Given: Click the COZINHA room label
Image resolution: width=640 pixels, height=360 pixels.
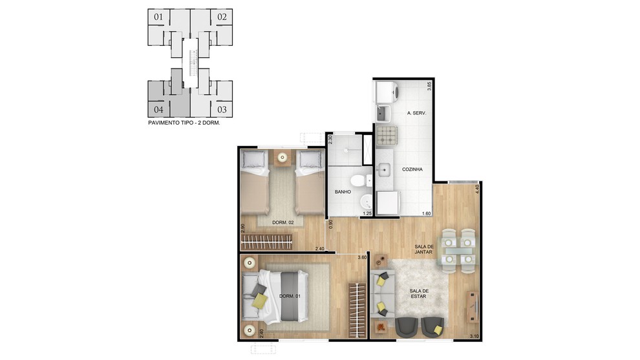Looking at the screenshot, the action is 412,169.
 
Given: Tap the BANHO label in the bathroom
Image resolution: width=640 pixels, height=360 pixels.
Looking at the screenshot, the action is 343,192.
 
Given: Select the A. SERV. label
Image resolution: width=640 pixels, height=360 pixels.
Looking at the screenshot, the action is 416,113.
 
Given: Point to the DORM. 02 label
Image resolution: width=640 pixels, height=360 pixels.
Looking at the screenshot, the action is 283,222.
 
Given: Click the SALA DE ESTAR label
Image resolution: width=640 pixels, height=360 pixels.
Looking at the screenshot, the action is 418,293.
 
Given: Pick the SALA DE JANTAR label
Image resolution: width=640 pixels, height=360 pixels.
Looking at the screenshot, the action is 424,249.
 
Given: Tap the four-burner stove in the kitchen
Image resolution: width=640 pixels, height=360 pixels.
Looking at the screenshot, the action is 386,136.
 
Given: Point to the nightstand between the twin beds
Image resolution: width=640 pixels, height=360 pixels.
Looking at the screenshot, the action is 283,158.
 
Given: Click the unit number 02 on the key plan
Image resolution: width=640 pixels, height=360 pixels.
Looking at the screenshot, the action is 222,17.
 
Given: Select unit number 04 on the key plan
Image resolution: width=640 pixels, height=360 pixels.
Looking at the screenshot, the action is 159,109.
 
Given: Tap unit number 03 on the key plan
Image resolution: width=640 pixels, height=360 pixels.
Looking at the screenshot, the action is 222,109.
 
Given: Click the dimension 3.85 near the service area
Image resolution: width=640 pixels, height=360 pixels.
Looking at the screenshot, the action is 429,86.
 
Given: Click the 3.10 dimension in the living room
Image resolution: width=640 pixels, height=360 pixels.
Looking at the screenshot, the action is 474,336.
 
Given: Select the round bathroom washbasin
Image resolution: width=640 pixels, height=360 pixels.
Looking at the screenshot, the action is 366,201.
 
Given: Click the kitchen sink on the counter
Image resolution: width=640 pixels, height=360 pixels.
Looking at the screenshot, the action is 383,169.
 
